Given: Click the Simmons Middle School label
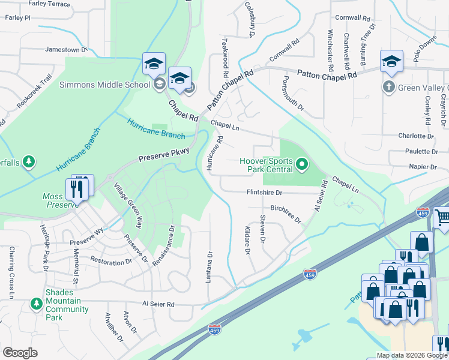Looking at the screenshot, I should pos(104,85).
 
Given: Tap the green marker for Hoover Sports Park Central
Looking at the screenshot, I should pos(303,163).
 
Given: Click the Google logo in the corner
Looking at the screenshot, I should pos(20,353).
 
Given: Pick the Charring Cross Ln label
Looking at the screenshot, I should pos(11,272).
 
